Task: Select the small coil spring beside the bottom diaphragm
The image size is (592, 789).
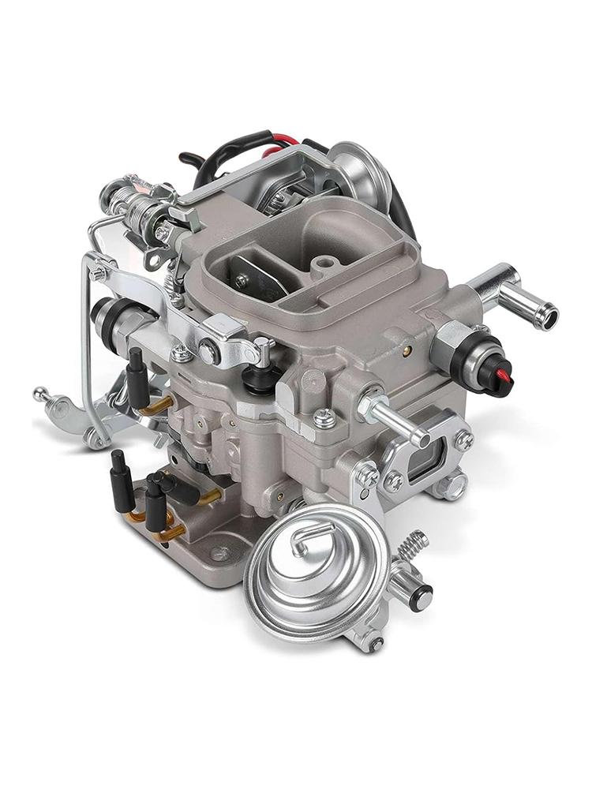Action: tap(414, 544)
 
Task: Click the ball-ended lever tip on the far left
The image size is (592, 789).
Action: tap(39, 392)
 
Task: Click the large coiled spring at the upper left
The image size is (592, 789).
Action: tap(142, 207)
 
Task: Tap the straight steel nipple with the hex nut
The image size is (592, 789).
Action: tap(392, 416)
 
